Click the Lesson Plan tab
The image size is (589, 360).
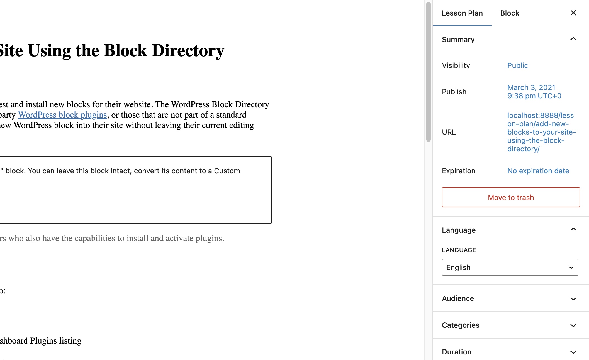[x=462, y=13]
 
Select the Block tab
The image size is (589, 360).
[x=510, y=13]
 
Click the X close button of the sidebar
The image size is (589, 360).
[x=573, y=13]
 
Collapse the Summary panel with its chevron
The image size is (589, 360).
[x=573, y=39]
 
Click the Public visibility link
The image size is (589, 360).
[x=517, y=65]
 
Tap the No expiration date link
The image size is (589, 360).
[x=538, y=171]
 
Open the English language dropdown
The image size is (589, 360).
[x=510, y=267]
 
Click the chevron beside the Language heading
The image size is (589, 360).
[x=573, y=230]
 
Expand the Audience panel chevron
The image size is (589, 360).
[x=573, y=298]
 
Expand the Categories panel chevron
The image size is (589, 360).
[x=573, y=325]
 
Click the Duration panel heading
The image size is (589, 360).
[x=457, y=352]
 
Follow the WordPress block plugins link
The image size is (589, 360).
[x=62, y=115]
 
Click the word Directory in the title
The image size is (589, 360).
[x=188, y=51]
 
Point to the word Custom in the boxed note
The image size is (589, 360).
[x=227, y=171]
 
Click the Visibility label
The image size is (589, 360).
[x=456, y=65]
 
